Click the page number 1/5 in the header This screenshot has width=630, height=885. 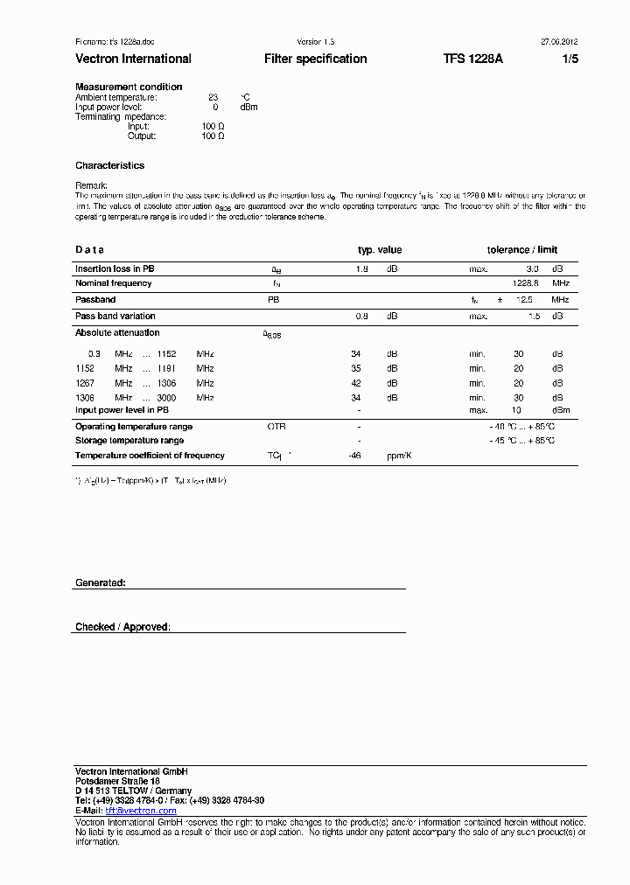[x=570, y=59]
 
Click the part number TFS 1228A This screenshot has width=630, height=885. [x=472, y=59]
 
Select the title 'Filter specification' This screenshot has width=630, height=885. [x=315, y=59]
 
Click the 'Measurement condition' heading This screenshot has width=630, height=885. [x=129, y=87]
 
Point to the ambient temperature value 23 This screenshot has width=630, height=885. [x=213, y=97]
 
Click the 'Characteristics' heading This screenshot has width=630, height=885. [x=109, y=165]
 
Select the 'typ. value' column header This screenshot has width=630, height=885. [x=380, y=250]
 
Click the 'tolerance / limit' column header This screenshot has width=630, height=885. [x=521, y=250]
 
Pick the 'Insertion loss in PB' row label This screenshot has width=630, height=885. [x=115, y=269]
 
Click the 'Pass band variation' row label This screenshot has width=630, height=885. [x=115, y=316]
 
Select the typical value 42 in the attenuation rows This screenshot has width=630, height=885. [x=355, y=383]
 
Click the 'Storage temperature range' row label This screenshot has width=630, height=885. [x=129, y=441]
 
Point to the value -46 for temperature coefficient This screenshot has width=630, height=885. [x=354, y=456]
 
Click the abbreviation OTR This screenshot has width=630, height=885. [x=276, y=427]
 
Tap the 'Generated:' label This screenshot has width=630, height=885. [x=100, y=582]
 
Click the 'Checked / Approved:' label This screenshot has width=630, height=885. [x=122, y=627]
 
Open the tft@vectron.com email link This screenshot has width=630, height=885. [x=141, y=811]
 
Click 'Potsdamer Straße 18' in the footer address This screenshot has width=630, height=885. [x=117, y=781]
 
